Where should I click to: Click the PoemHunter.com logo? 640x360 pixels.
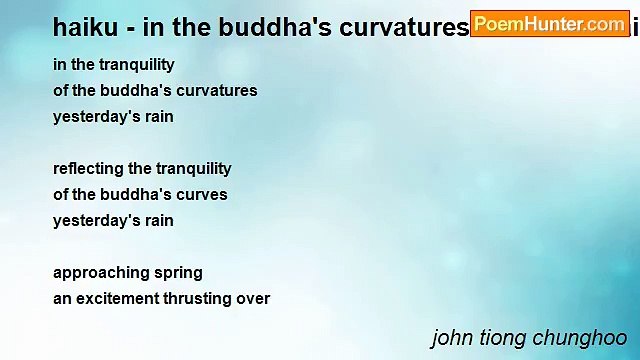click(550, 23)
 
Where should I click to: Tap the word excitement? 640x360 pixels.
click(120, 298)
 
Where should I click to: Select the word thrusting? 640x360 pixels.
click(203, 298)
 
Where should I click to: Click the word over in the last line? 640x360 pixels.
click(254, 298)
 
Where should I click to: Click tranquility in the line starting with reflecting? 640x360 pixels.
click(192, 168)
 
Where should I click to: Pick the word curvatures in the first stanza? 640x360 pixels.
click(218, 90)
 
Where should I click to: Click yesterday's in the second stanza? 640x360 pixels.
click(92, 220)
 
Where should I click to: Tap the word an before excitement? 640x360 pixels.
click(62, 298)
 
